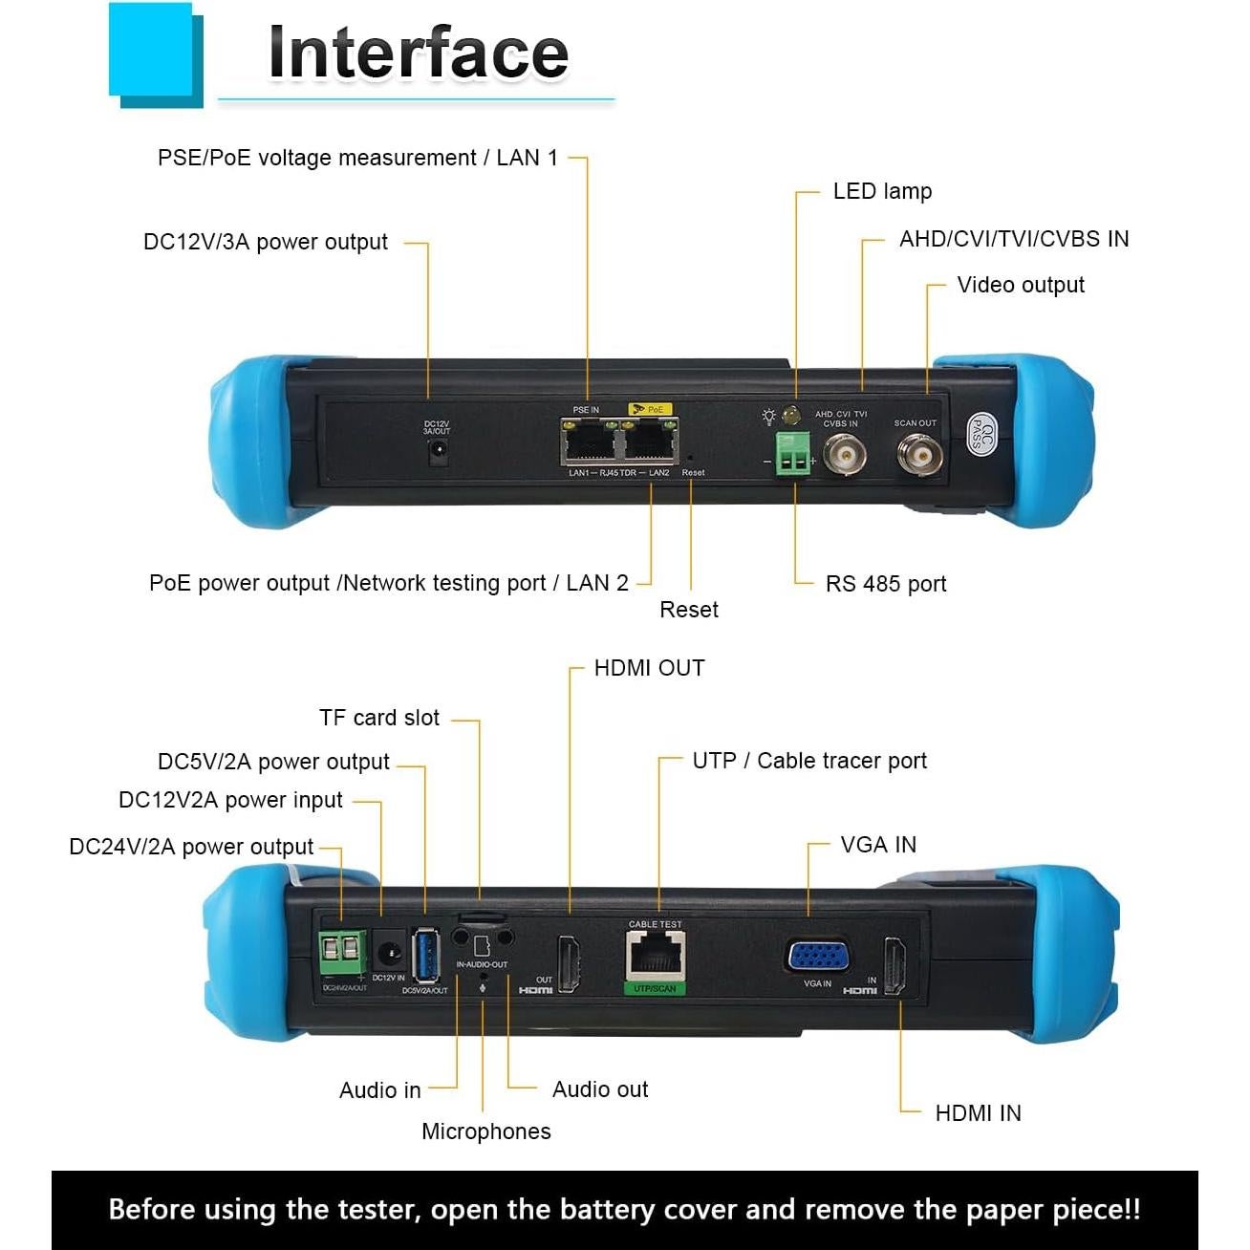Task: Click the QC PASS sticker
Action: coord(981,435)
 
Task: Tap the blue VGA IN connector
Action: coord(818,956)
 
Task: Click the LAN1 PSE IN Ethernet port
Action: coord(590,442)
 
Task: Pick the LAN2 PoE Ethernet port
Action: coord(651,442)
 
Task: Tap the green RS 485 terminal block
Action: coord(792,453)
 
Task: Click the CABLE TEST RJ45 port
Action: coord(656,954)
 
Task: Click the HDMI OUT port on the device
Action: coord(569,963)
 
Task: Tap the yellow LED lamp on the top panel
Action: coord(791,415)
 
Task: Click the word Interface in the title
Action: coord(419,53)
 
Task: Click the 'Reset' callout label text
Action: coord(689,610)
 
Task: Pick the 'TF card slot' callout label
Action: coord(379,718)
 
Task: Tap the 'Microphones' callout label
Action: coord(486,1131)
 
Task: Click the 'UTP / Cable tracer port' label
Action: coord(809,761)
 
